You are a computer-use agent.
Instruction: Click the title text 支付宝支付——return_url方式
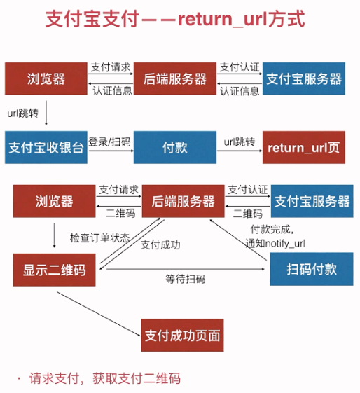175,19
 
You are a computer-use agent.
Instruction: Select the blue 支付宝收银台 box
46,148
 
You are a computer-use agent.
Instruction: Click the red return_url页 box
304,148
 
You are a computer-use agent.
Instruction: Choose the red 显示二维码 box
55,269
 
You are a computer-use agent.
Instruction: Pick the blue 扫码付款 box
309,269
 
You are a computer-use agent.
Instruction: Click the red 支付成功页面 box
182,336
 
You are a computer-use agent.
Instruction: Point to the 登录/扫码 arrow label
110,142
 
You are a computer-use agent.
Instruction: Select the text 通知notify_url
275,243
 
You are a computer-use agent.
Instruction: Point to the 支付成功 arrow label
160,245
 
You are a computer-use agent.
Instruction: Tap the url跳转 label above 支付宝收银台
22,112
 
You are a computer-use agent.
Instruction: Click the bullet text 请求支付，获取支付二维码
104,378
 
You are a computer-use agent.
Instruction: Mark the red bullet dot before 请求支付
19,378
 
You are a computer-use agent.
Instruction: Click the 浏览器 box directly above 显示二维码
55,202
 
